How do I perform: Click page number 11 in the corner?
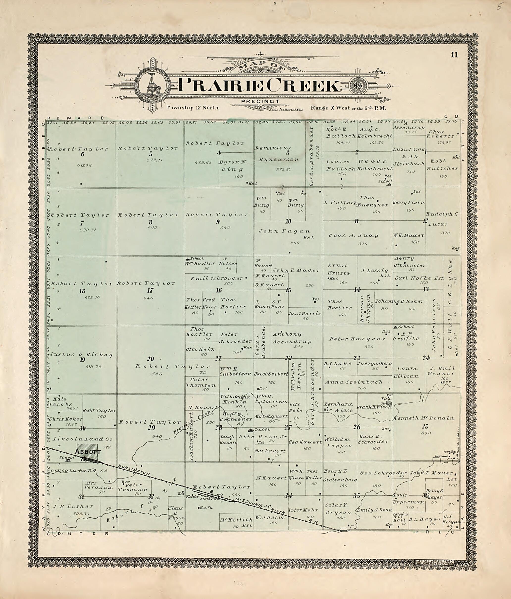pyautogui.click(x=454, y=55)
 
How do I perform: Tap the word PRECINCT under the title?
pyautogui.click(x=260, y=102)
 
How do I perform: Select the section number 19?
pyautogui.click(x=82, y=360)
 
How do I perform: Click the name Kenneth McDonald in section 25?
pyautogui.click(x=423, y=418)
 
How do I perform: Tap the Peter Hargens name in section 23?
pyautogui.click(x=357, y=339)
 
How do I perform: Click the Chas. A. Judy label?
pyautogui.click(x=353, y=236)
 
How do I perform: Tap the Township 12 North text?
pyautogui.click(x=192, y=108)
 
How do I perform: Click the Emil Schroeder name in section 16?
pyautogui.click(x=216, y=278)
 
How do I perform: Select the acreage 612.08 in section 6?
pyautogui.click(x=84, y=165)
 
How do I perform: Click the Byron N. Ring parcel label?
pyautogui.click(x=231, y=166)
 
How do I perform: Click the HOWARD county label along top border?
pyautogui.click(x=76, y=118)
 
